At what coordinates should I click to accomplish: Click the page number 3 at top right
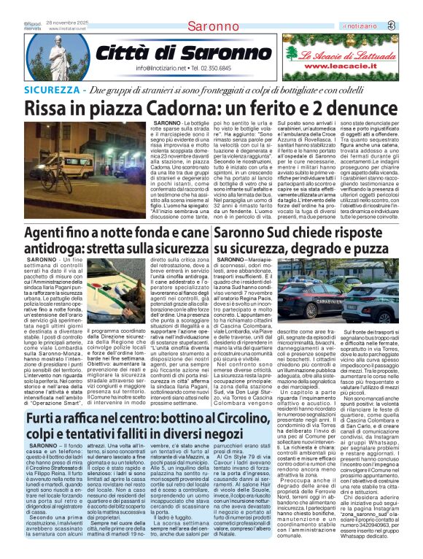(x=411, y=26)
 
